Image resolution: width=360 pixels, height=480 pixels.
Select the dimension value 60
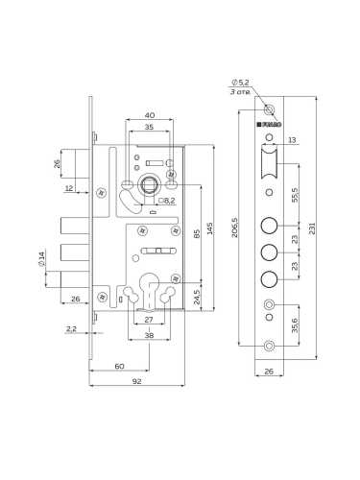(x=119, y=367)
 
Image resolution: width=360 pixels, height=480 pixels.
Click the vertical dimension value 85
(x=196, y=231)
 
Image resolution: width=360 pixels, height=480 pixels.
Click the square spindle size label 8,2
(x=168, y=201)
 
